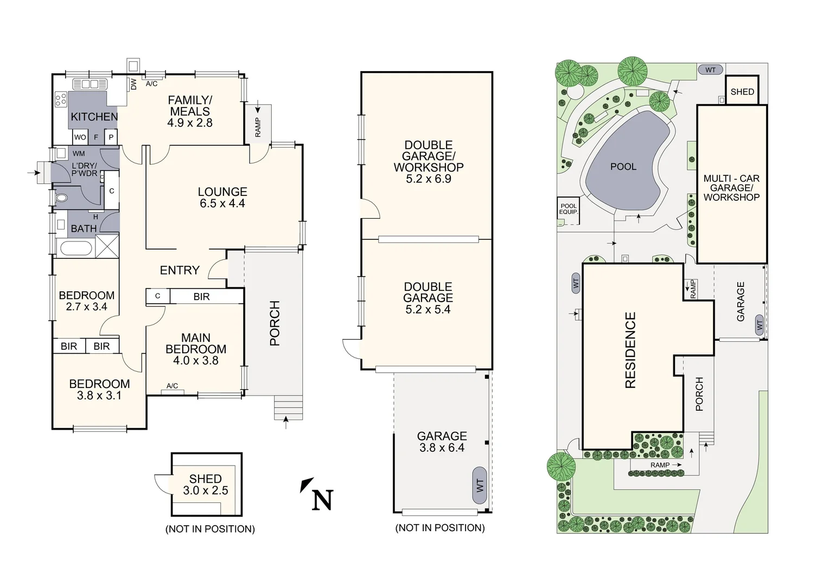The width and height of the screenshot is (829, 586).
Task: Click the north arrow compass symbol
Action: click(317, 494)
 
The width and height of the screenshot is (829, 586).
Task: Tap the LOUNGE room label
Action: click(222, 192)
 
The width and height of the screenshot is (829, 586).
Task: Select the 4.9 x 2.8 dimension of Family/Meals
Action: click(189, 123)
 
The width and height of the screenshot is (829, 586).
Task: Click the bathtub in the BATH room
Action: click(75, 249)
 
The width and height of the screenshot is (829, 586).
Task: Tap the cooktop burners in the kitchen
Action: click(61, 99)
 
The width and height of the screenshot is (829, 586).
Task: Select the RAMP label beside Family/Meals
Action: click(258, 128)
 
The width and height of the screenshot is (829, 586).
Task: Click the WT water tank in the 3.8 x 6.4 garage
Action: click(480, 485)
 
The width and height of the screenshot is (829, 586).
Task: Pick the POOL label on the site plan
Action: click(623, 167)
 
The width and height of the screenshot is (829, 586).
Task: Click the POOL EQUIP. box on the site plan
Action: click(569, 209)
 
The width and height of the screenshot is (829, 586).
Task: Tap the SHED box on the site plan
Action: click(742, 92)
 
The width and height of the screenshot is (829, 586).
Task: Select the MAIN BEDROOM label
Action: click(196, 343)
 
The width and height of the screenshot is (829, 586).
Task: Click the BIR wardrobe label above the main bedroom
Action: click(201, 297)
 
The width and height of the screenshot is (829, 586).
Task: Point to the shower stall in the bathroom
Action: click(107, 246)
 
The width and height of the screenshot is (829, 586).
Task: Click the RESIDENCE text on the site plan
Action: click(630, 350)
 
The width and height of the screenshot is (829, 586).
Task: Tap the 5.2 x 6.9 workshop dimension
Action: click(428, 179)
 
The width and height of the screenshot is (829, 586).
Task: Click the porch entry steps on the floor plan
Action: click(288, 407)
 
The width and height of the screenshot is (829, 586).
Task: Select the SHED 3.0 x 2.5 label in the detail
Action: click(205, 485)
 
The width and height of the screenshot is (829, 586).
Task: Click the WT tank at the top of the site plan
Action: click(710, 69)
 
